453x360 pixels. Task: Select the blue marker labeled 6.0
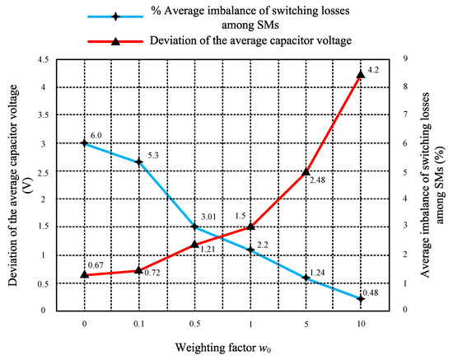point(84,143)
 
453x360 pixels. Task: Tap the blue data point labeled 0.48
point(360,297)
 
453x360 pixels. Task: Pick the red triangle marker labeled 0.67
point(84,274)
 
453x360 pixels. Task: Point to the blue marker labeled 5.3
point(139,162)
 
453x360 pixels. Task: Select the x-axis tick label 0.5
point(194,324)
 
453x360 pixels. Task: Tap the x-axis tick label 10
point(360,324)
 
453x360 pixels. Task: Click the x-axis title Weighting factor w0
point(222,349)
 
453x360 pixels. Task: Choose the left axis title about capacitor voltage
point(20,185)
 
